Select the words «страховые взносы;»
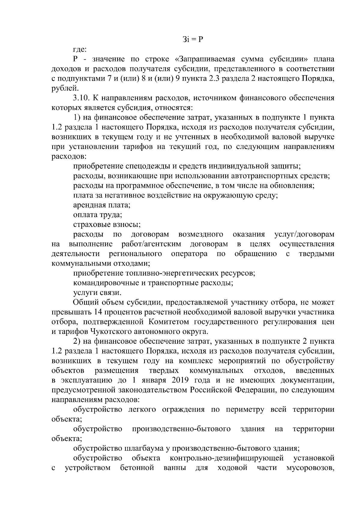pos(107,225)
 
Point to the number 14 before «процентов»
pos(98,312)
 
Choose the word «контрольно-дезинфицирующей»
pos(227,458)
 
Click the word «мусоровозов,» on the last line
pos(310,468)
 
